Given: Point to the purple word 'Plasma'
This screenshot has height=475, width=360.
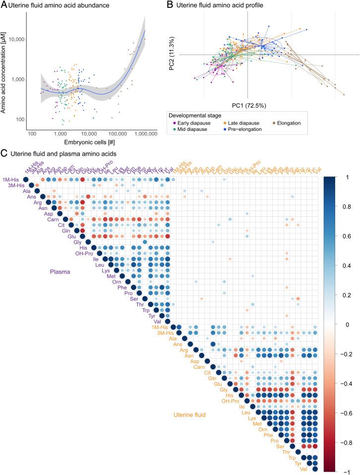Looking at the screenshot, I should [61, 272].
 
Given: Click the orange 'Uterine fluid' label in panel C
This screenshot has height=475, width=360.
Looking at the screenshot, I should [193, 414].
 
